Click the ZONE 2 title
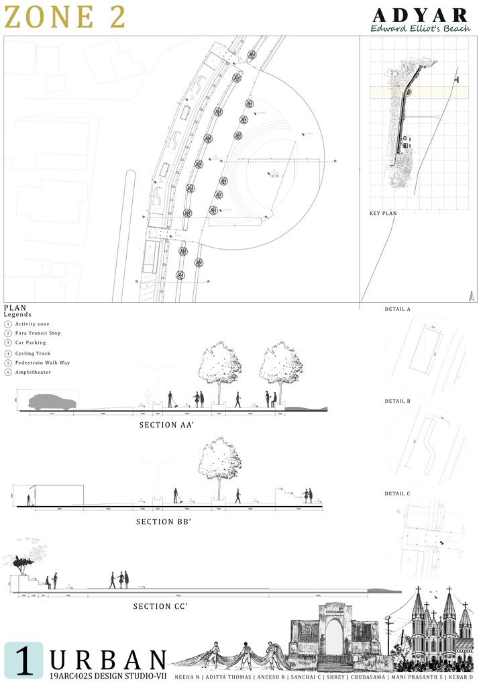click(x=65, y=18)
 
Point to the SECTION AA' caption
click(x=167, y=425)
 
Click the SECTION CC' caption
click(x=162, y=606)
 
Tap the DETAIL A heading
click(x=398, y=309)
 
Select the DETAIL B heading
click(x=398, y=401)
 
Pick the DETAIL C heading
click(x=398, y=493)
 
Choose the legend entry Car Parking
click(x=30, y=342)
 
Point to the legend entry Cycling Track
click(x=33, y=353)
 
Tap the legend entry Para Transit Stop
click(x=38, y=333)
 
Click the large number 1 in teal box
click(x=23, y=661)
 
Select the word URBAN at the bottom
click(x=108, y=658)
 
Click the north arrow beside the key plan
click(x=472, y=294)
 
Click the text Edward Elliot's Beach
click(x=421, y=29)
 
